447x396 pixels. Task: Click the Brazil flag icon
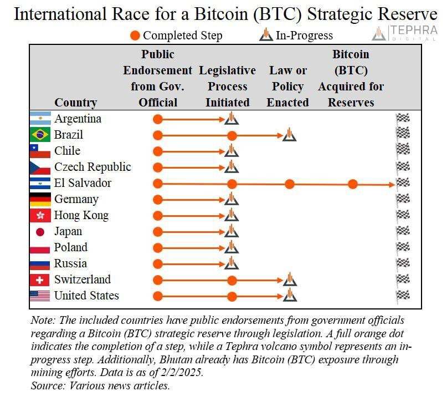[x=40, y=134]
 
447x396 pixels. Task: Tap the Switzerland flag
[x=40, y=280]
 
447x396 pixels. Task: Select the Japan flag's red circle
[x=40, y=232]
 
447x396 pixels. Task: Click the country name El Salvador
[x=83, y=183]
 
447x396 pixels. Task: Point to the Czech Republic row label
[x=93, y=167]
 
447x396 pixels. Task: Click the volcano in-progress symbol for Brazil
[x=289, y=134]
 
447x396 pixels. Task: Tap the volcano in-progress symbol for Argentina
[x=232, y=118]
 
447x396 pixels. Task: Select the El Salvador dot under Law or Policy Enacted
[x=289, y=184]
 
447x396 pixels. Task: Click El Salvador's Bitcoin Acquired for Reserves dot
[x=353, y=184]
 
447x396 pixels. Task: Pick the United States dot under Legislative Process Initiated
[x=232, y=297]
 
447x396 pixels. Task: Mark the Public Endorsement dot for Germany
[x=158, y=200]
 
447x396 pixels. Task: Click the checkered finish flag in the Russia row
[x=403, y=264]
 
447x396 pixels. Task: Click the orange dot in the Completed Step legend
[x=135, y=35]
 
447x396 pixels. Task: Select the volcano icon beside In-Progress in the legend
[x=266, y=34]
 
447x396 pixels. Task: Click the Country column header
[x=76, y=103]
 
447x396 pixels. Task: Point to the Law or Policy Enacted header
[x=288, y=86]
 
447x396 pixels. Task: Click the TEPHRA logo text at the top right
[x=413, y=31]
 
